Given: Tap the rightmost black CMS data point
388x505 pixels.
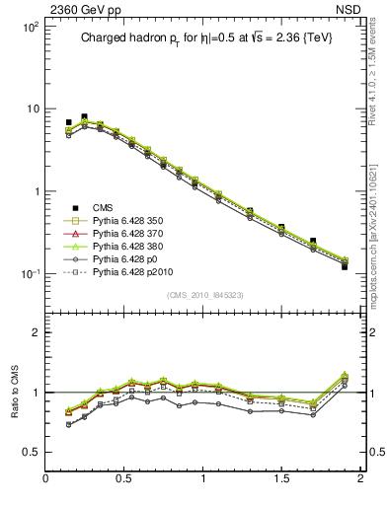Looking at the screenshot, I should [x=345, y=266].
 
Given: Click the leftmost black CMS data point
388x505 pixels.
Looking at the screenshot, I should [x=68, y=122].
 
